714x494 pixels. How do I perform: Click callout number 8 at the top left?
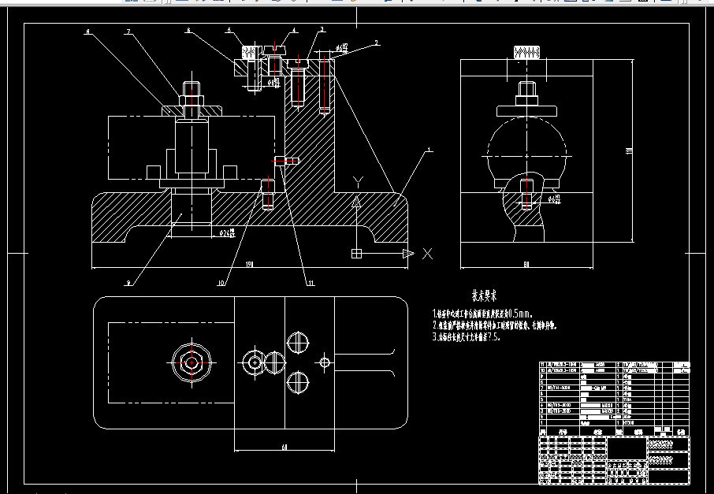pos(88,33)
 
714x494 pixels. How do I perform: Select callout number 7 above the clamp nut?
pos(127,32)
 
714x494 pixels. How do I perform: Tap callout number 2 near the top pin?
pos(377,43)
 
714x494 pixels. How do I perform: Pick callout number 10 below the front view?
pos(221,282)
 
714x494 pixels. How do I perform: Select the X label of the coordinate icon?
pos(427,253)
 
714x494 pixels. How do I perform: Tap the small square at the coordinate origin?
pos(356,253)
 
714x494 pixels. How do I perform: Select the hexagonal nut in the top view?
pos(190,362)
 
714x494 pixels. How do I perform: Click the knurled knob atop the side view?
pos(526,54)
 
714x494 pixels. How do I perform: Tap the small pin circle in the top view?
pos(324,362)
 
